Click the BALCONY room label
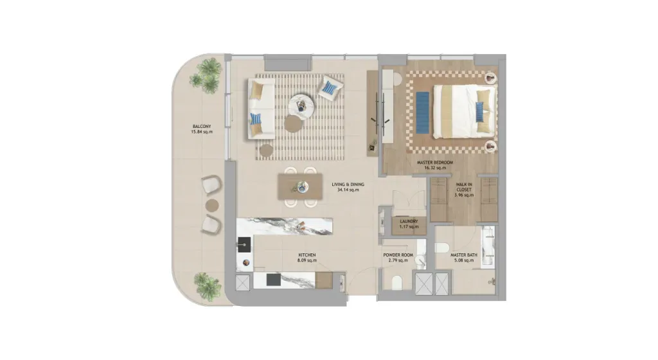tap(202, 126)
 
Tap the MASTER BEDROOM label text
tap(435, 163)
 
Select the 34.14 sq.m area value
tap(348, 190)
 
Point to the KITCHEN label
tap(307, 255)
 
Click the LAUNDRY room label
tap(409, 222)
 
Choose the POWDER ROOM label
tap(398, 255)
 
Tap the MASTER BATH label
tap(464, 255)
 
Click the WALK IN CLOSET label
tap(464, 186)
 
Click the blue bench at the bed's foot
tap(423, 113)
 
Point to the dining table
tap(300, 186)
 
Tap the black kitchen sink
tap(244, 245)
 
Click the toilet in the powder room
tap(397, 282)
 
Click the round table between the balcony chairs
tap(212, 205)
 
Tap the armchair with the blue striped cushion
tap(330, 88)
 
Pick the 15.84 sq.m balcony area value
tap(202, 132)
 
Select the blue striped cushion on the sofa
tap(255, 119)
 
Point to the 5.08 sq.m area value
tap(464, 260)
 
